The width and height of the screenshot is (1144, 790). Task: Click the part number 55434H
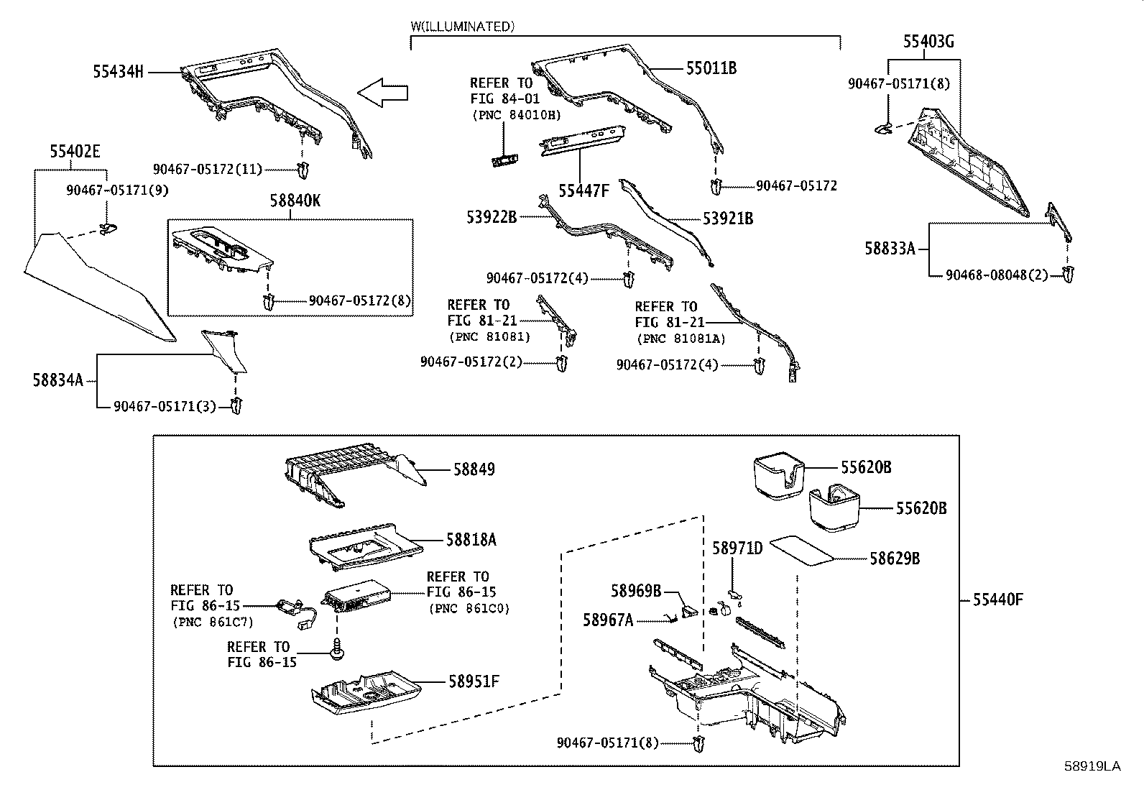coord(118,71)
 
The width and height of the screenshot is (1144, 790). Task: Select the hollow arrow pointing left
coord(382,93)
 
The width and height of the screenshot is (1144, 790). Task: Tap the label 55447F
coord(583,190)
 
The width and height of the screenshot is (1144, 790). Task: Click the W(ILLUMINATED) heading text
coord(463,27)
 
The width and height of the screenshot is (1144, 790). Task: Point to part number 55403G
coord(928,42)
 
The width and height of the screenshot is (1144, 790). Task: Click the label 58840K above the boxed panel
coord(295,201)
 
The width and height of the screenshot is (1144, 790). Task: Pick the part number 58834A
coord(57,380)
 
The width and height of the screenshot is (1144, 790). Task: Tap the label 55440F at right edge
coord(997,600)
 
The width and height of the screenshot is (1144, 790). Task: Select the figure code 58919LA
coord(1092,766)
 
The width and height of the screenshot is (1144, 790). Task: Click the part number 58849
coord(474,469)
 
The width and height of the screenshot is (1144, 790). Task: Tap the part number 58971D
coord(737,548)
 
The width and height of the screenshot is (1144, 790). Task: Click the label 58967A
coord(608,620)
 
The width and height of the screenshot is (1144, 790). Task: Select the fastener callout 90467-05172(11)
coord(207,169)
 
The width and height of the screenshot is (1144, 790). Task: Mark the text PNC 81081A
coord(681,339)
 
